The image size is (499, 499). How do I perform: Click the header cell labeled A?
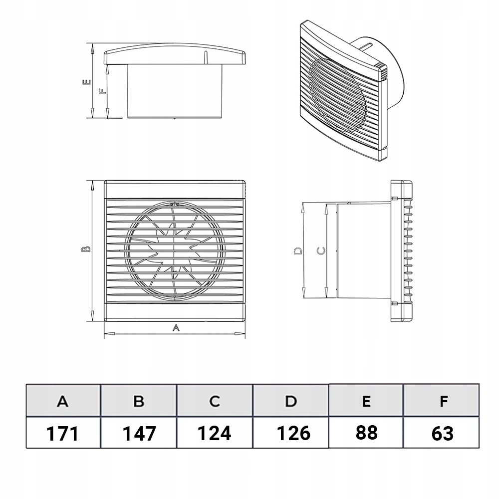click(63, 401)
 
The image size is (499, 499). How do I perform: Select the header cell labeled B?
click(139, 401)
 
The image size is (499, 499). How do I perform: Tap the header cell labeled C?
click(215, 401)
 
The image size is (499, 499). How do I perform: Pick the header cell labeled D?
click(291, 401)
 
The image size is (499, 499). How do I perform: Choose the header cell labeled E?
click(366, 400)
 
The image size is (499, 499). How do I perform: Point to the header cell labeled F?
click(442, 400)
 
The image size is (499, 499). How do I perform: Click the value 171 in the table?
click(62, 434)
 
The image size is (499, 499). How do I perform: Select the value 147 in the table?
click(139, 434)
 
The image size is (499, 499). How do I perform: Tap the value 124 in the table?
click(214, 433)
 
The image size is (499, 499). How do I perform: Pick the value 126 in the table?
click(293, 433)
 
